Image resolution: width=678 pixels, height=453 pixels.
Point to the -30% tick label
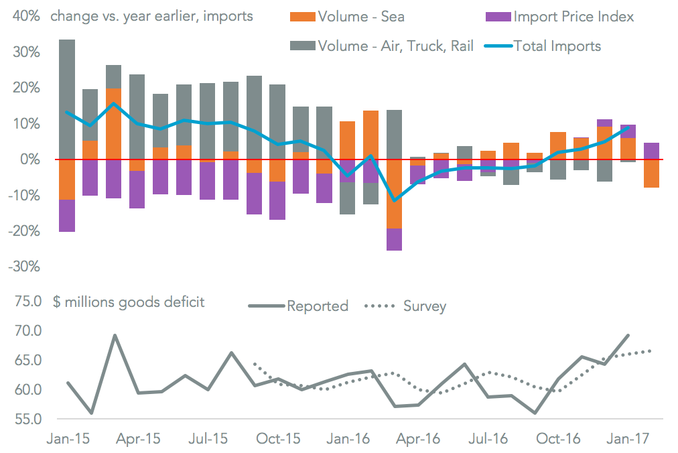[23, 266]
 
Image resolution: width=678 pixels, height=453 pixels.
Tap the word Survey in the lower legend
[425, 306]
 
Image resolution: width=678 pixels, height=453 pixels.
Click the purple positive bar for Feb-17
[651, 151]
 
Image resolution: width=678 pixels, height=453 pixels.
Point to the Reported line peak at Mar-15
[115, 335]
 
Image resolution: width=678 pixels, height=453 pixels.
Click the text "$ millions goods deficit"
[129, 302]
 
